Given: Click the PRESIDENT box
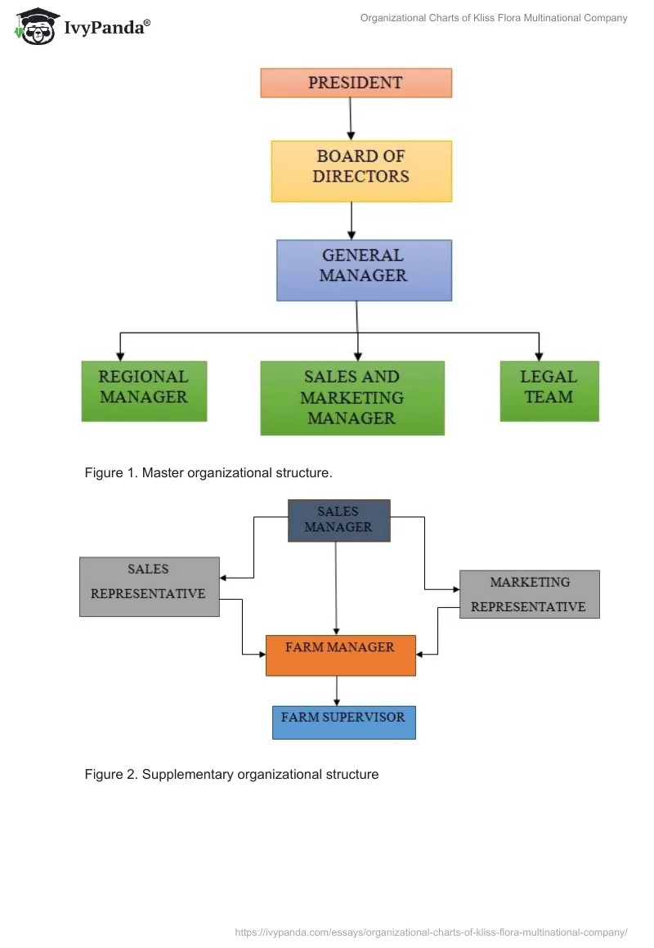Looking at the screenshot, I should pyautogui.click(x=356, y=83).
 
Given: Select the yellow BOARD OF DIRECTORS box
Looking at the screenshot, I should pyautogui.click(x=361, y=171).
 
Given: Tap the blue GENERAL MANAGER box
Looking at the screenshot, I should pyautogui.click(x=364, y=270).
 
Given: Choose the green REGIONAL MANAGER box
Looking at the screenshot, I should pyautogui.click(x=144, y=391).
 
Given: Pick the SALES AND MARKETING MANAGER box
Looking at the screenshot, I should pyautogui.click(x=352, y=398).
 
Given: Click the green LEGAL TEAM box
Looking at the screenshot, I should pyautogui.click(x=549, y=391).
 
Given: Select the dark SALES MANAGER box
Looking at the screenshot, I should pyautogui.click(x=338, y=521).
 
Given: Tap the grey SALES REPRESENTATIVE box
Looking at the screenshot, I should pyautogui.click(x=149, y=586).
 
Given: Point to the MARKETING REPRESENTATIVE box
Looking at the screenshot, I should pyautogui.click(x=529, y=594).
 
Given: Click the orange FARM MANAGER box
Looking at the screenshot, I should pyautogui.click(x=340, y=655).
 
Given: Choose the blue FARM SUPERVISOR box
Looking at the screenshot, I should pyautogui.click(x=343, y=722).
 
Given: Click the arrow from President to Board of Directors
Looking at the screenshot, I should pyautogui.click(x=351, y=118).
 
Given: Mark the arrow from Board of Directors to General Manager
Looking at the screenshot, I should pyautogui.click(x=352, y=220).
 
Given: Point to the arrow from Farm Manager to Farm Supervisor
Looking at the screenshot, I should pyautogui.click(x=337, y=691).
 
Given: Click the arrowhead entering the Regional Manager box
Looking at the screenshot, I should pyautogui.click(x=121, y=355).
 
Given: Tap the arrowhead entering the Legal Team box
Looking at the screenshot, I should pyautogui.click(x=539, y=355).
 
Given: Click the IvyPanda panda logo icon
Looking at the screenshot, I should pyautogui.click(x=36, y=27).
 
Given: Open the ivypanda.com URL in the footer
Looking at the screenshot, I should pyautogui.click(x=431, y=932).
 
